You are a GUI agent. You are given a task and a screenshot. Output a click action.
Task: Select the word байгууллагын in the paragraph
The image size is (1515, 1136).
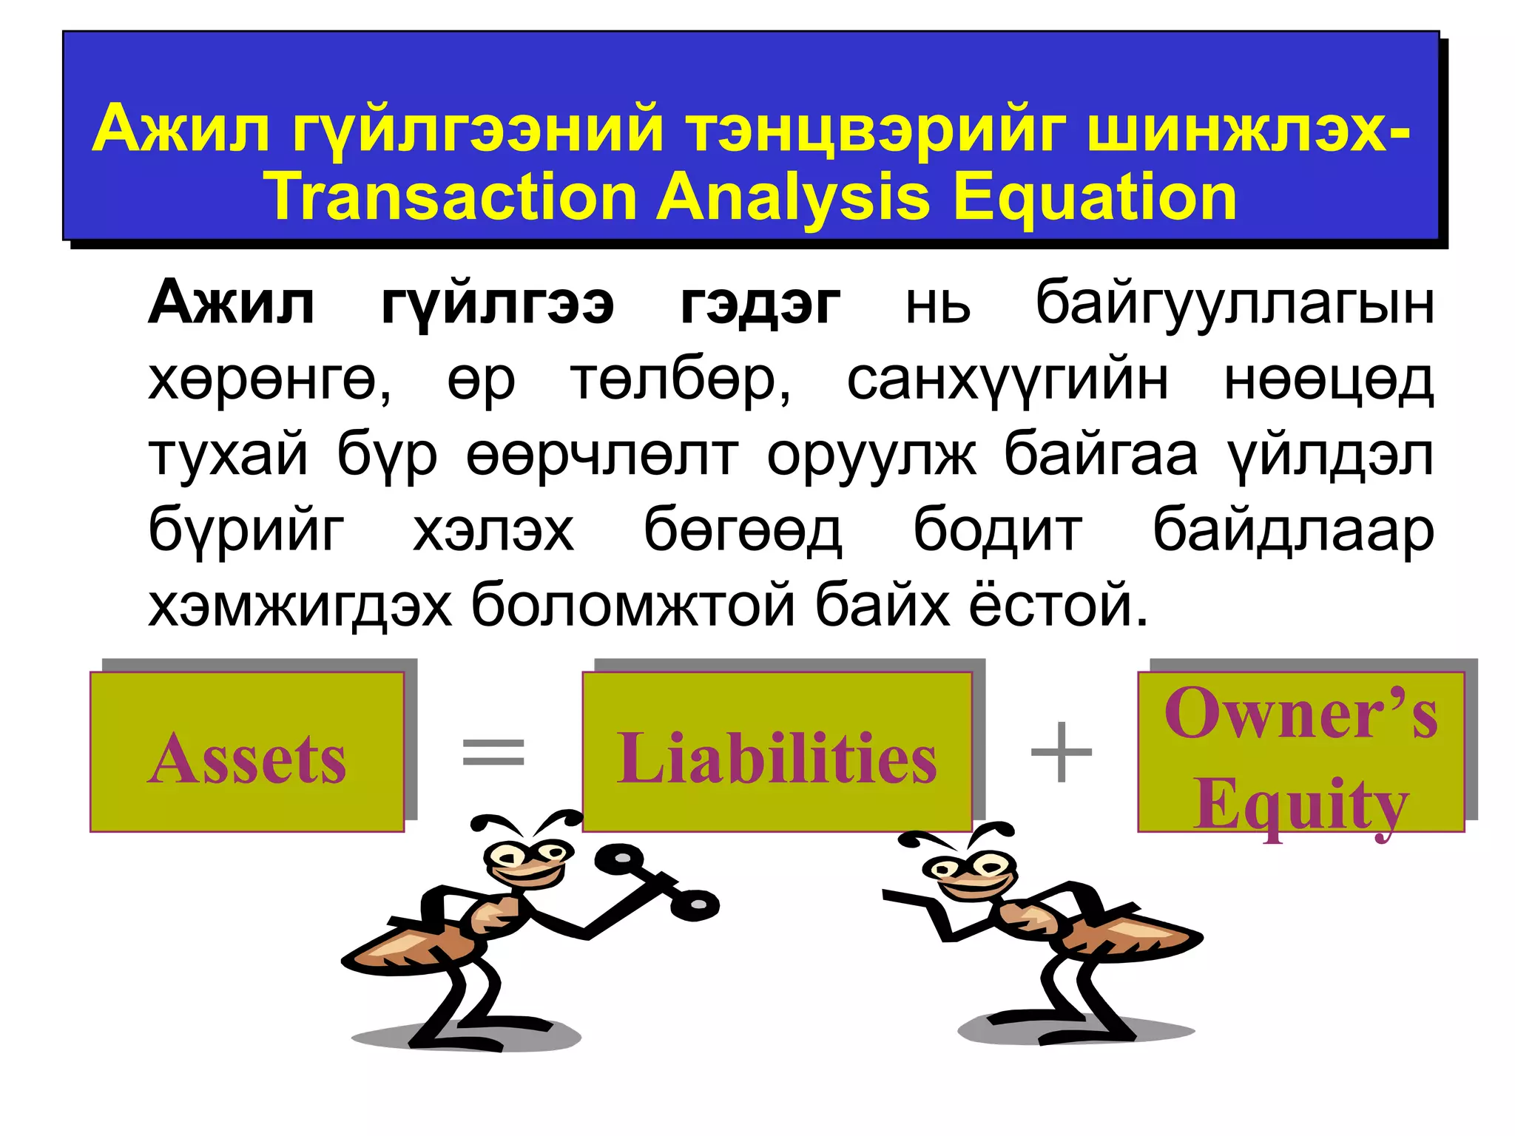click(x=1234, y=304)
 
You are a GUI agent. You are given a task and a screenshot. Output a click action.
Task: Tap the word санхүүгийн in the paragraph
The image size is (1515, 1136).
click(x=1007, y=380)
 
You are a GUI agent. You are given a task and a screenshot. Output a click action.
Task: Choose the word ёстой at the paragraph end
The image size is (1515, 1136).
click(x=1058, y=605)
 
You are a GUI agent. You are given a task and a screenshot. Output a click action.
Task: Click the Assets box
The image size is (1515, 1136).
click(x=247, y=752)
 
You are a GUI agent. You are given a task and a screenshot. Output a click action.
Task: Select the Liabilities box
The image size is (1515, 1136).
click(x=777, y=752)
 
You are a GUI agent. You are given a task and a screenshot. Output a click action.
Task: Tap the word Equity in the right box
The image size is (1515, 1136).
click(x=1300, y=804)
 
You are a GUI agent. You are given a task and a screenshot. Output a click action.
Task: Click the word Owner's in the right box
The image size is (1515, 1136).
click(x=1300, y=713)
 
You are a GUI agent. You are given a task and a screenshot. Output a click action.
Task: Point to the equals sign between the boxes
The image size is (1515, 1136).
click(x=493, y=752)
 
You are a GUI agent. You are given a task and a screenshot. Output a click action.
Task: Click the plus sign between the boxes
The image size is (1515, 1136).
click(x=1061, y=752)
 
